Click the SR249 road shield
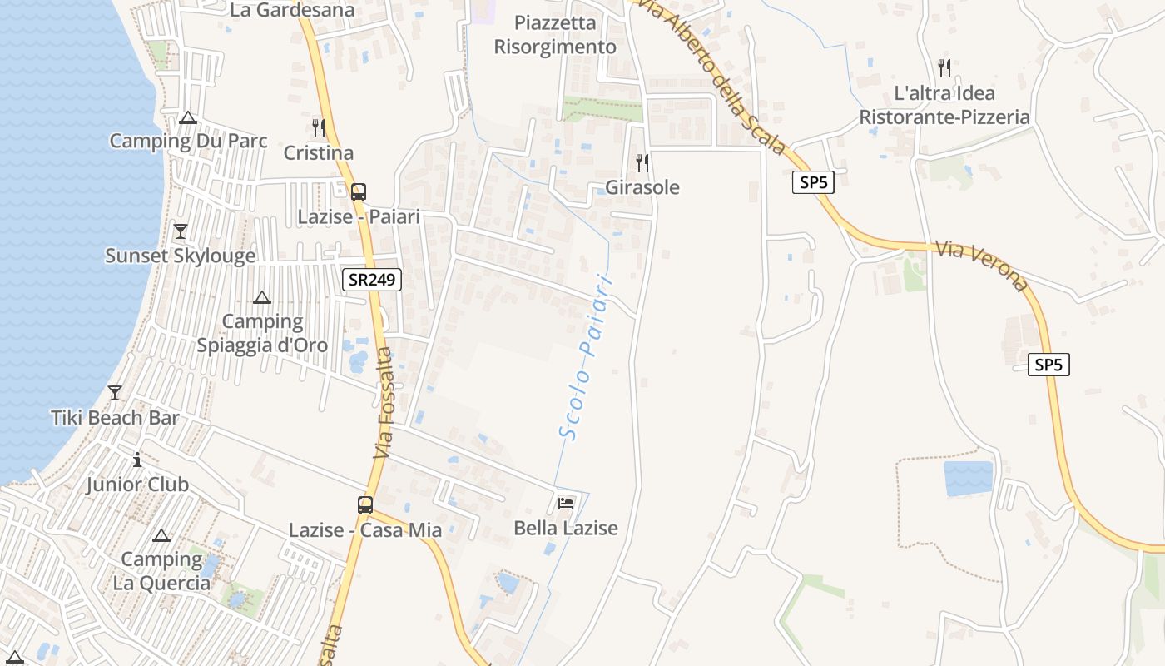pos(372,280)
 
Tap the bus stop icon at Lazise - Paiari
pos(359,191)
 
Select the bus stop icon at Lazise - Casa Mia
pos(365,504)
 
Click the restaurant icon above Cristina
pos(319,127)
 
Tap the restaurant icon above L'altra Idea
pos(944,67)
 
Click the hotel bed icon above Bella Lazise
pos(566,503)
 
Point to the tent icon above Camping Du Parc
pos(188,117)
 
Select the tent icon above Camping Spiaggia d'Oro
pos(262,297)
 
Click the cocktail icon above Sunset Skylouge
pos(181,231)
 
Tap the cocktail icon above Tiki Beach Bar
pos(115,392)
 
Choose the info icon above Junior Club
pos(137,460)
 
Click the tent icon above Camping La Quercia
pos(161,534)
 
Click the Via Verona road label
pos(980,265)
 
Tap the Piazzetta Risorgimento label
pos(555,35)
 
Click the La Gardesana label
pos(292,10)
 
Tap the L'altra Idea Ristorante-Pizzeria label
pos(944,105)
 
